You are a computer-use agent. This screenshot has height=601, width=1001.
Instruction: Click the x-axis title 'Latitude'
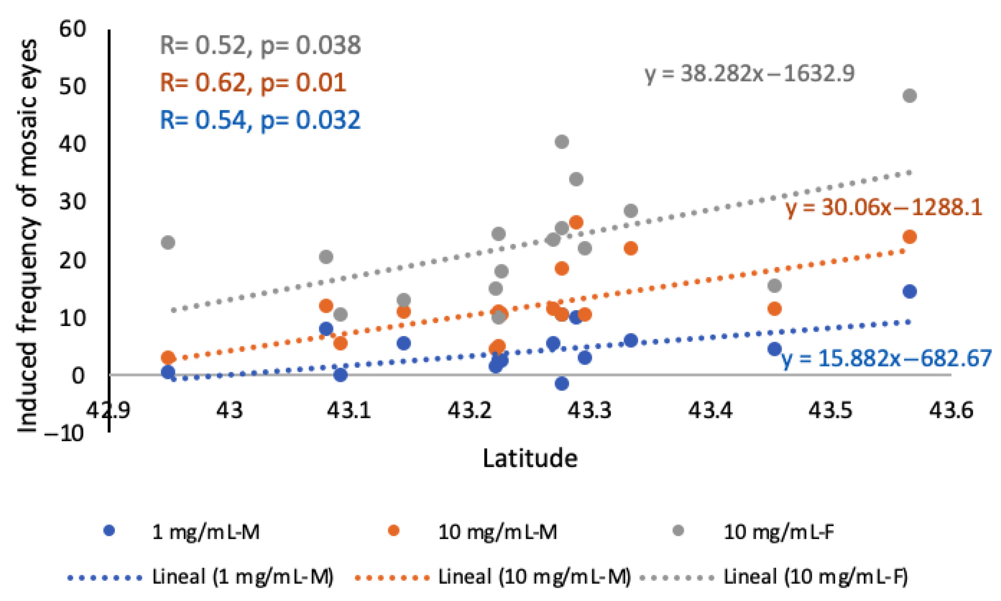(x=530, y=459)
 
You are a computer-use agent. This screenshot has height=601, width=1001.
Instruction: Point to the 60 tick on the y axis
(x=73, y=29)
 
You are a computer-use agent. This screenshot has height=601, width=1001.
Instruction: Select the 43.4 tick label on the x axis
(x=711, y=410)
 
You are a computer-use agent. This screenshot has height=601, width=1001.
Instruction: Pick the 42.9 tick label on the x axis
(x=108, y=410)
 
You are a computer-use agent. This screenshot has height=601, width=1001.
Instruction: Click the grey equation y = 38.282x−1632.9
(x=750, y=74)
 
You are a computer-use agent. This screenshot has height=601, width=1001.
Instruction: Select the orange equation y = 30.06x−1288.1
(x=884, y=208)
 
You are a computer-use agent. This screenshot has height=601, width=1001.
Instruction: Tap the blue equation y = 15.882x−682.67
(x=886, y=358)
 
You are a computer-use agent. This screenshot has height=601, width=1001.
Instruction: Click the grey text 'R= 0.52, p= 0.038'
(x=260, y=45)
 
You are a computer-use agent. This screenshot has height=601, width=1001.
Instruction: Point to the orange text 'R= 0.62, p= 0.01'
(x=253, y=82)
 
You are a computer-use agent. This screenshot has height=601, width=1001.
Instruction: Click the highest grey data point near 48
(x=910, y=96)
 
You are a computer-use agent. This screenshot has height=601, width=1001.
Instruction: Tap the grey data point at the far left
(x=168, y=243)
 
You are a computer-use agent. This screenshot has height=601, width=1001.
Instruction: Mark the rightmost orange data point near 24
(x=910, y=237)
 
